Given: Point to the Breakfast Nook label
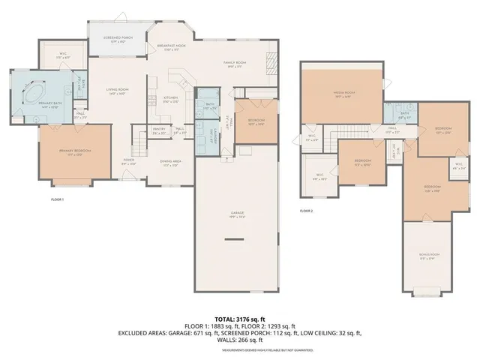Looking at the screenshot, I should [170, 47].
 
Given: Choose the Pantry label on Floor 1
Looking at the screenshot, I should [159, 131].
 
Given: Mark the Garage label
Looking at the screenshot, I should [237, 216].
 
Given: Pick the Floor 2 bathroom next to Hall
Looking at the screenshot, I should [403, 115].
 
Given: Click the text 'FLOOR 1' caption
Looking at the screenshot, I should [57, 200].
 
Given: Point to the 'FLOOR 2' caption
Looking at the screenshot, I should [305, 211].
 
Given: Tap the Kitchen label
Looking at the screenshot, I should [170, 100].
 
